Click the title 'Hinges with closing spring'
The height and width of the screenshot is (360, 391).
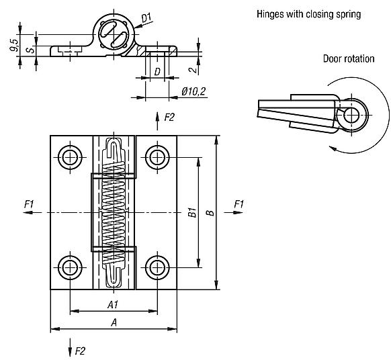308,13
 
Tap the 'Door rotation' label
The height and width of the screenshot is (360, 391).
347,58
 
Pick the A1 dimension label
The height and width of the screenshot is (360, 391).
114,304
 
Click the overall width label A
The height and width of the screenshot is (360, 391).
114,323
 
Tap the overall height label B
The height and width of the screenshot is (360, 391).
210,212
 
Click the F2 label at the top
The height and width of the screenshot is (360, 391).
169,118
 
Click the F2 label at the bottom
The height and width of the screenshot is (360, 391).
80,350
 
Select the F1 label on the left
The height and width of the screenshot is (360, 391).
28,203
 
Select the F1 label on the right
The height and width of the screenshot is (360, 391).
238,203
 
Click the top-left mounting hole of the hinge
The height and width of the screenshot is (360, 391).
70,157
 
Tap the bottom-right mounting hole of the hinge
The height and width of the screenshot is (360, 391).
158,267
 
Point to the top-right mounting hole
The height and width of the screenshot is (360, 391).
158,157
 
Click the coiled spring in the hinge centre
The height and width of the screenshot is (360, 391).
114,212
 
